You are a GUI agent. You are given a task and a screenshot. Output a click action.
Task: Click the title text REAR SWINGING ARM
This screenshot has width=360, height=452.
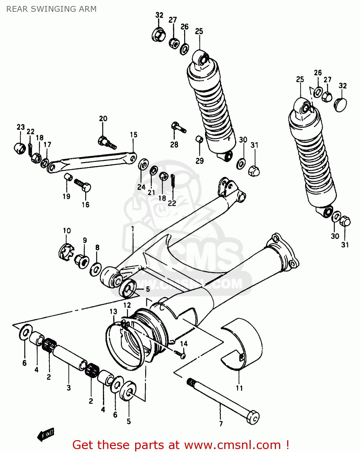pyautogui.click(x=51, y=9)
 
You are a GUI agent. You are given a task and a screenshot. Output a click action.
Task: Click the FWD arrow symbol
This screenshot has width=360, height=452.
pyautogui.click(x=46, y=434)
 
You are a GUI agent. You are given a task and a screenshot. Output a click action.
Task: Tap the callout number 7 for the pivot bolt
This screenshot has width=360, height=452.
pyautogui.click(x=221, y=424)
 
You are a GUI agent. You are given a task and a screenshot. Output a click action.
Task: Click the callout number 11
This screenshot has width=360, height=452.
pyautogui.click(x=239, y=388)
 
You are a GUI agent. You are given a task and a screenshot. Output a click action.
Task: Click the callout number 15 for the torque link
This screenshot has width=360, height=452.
pyautogui.click(x=134, y=135)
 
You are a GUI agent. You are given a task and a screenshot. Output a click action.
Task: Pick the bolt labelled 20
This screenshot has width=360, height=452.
pyautogui.click(x=107, y=143)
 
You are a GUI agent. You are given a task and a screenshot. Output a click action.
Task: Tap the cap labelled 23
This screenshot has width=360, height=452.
pyautogui.click(x=20, y=148)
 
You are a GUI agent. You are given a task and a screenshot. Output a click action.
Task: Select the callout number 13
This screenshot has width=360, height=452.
pyautogui.click(x=113, y=311)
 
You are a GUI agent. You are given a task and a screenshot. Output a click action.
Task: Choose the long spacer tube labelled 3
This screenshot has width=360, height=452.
pyautogui.click(x=69, y=356)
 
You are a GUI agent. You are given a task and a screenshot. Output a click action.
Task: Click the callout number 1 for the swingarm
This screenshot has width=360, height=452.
pyautogui.click(x=132, y=229)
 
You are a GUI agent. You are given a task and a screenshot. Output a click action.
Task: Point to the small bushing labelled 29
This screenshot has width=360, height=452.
pyautogui.click(x=199, y=139)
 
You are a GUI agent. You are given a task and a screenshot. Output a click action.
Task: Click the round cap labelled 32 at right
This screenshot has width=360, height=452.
pyautogui.click(x=341, y=104)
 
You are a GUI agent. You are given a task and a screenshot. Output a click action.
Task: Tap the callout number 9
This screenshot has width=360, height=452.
pyautogui.click(x=85, y=240)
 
